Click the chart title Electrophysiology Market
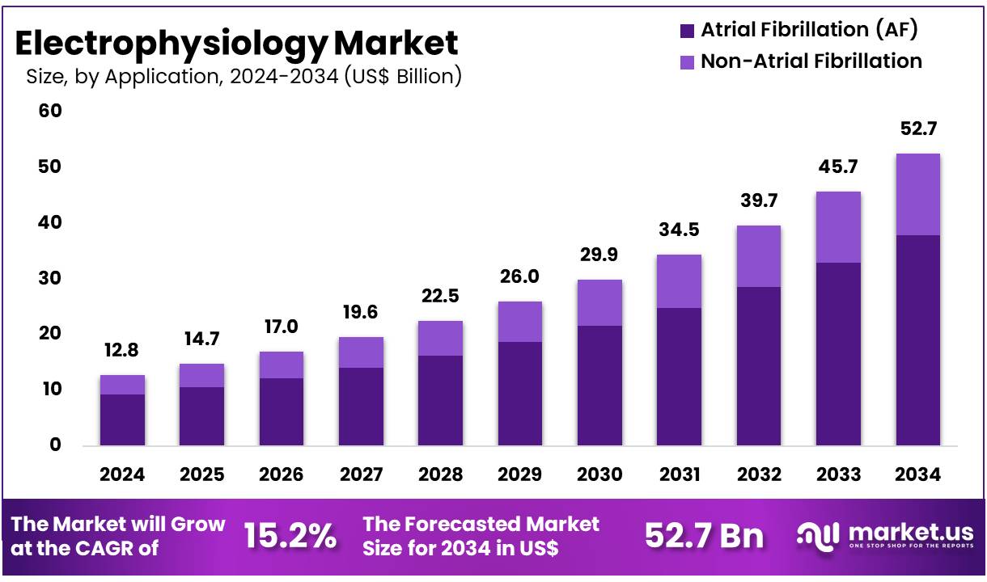pos(236,42)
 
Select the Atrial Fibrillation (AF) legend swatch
pos(687,31)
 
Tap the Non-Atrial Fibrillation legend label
pos(811,61)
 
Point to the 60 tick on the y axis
pos(50,111)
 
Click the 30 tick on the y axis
pos(50,278)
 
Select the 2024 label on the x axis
pos(122,474)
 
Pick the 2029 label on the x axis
pos(519,474)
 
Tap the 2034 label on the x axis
pos(917,474)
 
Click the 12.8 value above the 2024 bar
pos(122,352)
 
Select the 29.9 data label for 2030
pos(599,256)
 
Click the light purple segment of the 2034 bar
pos(917,194)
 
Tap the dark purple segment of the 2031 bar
pos(679,376)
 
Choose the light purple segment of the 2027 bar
pos(361,352)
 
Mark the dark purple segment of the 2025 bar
pos(201,415)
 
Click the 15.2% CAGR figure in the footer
pos(290,536)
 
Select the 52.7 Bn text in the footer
pos(704,536)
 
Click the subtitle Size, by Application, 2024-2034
pos(244,77)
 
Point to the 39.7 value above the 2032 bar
pos(758,202)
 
